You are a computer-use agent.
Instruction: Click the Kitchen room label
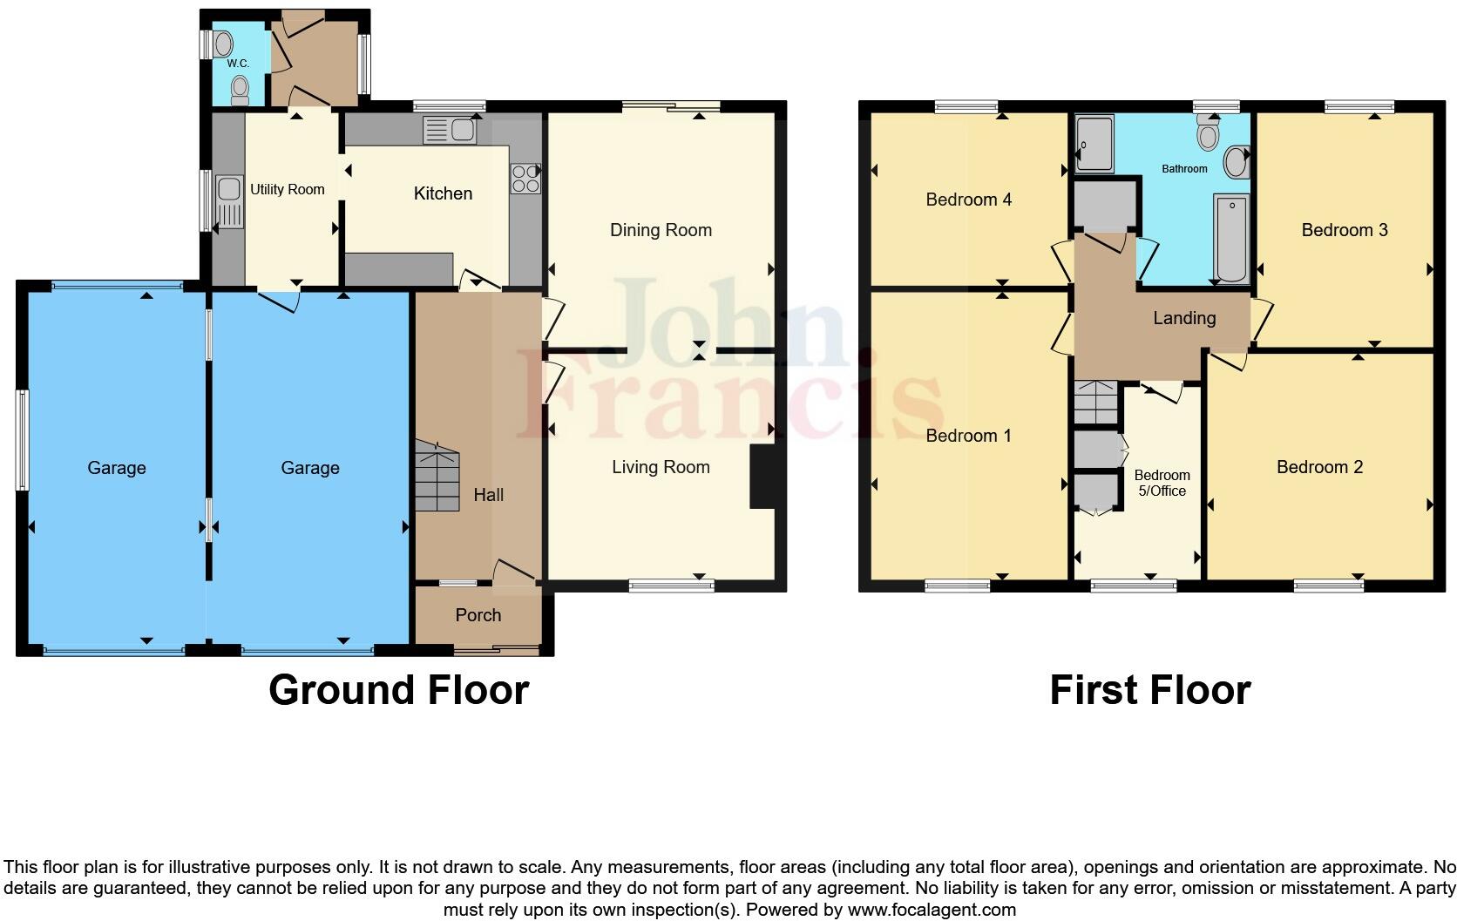tap(443, 193)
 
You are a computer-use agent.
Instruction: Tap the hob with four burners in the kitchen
tap(525, 179)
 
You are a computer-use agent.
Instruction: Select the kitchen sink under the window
tap(450, 131)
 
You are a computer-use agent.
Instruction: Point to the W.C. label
tap(238, 64)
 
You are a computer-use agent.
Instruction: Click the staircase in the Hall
tap(436, 476)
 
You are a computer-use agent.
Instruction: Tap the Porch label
tap(478, 615)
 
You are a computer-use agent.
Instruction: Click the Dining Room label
tap(661, 230)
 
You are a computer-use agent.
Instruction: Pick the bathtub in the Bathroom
tap(1230, 238)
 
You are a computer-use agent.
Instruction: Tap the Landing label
tap(1183, 318)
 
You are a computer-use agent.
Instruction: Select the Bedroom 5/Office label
tap(1162, 483)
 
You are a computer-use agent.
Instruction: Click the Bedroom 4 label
tap(968, 200)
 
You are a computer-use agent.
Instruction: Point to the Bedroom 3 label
tap(1344, 230)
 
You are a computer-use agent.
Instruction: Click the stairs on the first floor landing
tap(1095, 403)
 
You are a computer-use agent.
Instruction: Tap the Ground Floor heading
tap(398, 689)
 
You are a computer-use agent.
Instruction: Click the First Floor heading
tap(1149, 689)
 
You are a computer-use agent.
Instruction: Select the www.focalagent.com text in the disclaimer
tap(932, 910)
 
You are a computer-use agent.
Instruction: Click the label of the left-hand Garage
tap(116, 468)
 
